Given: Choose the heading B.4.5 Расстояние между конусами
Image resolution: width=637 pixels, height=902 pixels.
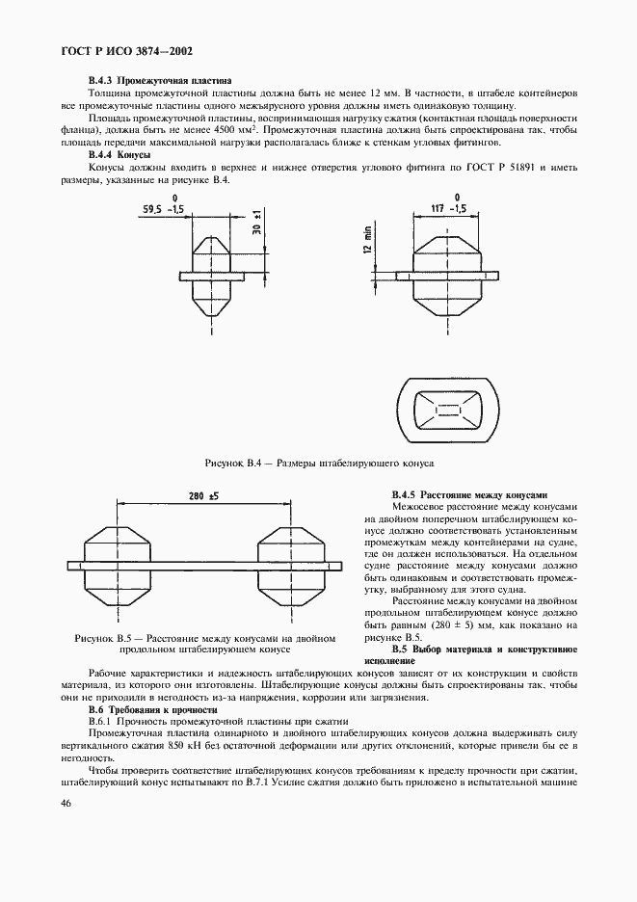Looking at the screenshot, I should tap(470, 492).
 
